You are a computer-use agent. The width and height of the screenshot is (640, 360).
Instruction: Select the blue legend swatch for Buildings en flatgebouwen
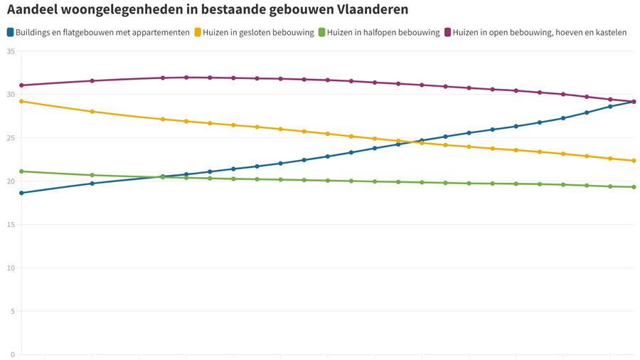(11, 32)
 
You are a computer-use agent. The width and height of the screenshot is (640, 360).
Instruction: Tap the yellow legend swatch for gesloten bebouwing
(198, 32)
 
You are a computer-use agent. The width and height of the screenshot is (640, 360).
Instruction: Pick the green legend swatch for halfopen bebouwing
(322, 32)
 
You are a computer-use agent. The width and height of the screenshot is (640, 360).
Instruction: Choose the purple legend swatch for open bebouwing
(448, 32)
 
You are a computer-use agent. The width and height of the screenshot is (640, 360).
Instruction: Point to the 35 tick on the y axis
(10, 51)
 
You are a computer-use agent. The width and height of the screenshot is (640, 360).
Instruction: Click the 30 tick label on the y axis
(10, 95)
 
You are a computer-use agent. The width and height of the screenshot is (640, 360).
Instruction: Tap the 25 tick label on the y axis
(10, 138)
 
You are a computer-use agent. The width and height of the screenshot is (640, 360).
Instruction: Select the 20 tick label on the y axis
(10, 181)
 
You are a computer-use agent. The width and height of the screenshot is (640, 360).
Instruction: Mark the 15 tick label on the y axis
(10, 225)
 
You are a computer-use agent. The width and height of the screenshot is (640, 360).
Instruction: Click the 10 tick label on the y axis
(10, 268)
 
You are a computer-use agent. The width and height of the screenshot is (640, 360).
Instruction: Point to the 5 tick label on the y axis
(12, 312)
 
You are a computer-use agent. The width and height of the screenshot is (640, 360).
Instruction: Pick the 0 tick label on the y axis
(12, 354)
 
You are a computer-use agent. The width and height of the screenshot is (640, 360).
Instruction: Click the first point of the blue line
(21, 193)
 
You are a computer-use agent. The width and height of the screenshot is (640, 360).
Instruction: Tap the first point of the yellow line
(21, 101)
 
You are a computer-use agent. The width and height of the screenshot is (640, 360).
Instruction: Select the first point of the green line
(21, 171)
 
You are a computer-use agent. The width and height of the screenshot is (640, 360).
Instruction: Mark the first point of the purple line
(21, 85)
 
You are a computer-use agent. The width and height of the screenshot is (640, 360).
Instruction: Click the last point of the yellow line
(634, 161)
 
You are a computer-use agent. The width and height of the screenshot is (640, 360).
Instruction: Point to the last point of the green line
(634, 187)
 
